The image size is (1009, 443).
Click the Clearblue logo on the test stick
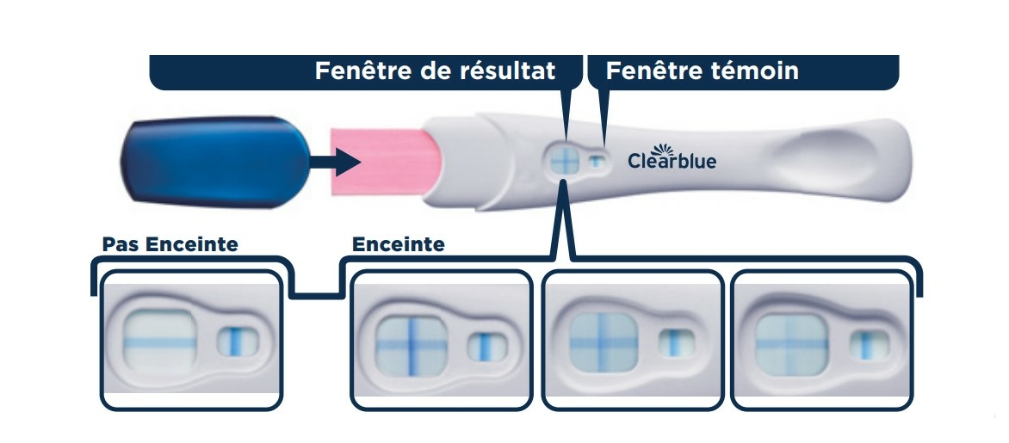pyautogui.click(x=672, y=158)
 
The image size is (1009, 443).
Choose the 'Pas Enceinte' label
pyautogui.click(x=170, y=244)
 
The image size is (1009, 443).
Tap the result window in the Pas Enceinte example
pyautogui.click(x=162, y=341)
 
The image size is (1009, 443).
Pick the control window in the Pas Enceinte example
pyautogui.click(x=235, y=341)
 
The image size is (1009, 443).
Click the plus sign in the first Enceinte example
pyautogui.click(x=411, y=344)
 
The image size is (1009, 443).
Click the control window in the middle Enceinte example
pyautogui.click(x=675, y=343)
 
